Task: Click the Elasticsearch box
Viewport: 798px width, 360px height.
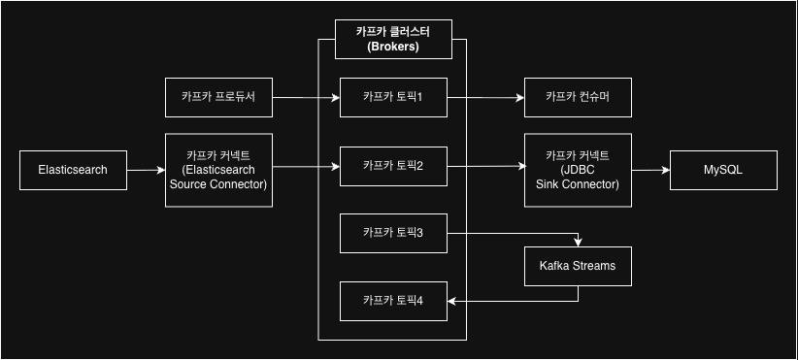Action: click(x=73, y=170)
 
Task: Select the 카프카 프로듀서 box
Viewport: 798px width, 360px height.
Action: click(x=218, y=97)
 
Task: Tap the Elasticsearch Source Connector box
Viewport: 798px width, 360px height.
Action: click(x=218, y=170)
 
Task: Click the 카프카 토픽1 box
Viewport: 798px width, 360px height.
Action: click(x=393, y=97)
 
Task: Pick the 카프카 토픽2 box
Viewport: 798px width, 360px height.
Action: click(x=393, y=166)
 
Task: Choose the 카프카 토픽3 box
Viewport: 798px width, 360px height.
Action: click(x=393, y=232)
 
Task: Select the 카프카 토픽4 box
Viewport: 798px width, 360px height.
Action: click(x=393, y=300)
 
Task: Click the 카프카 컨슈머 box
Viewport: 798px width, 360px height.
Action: click(x=577, y=97)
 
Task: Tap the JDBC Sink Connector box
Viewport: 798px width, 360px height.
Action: click(x=577, y=170)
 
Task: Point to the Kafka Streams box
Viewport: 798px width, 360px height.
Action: click(x=577, y=265)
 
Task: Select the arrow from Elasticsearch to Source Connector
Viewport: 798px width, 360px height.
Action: click(x=146, y=171)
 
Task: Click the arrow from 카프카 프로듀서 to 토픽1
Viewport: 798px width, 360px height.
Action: click(x=306, y=98)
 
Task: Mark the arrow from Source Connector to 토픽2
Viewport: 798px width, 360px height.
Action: click(x=306, y=170)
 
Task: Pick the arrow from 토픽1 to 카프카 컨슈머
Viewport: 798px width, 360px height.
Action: click(x=485, y=98)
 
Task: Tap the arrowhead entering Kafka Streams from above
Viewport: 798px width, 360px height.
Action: click(x=580, y=242)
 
